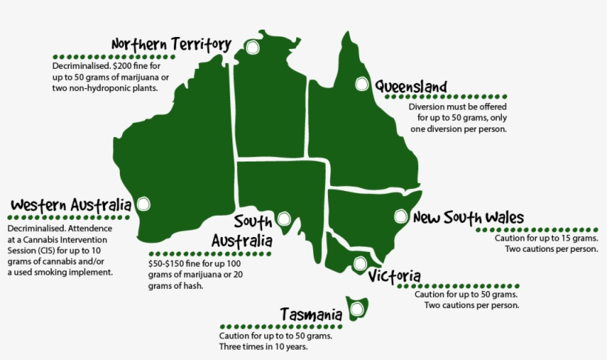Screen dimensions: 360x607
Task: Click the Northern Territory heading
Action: (171, 45)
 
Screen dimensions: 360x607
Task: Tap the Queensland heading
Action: (409, 86)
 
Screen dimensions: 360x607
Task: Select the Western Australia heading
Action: (71, 204)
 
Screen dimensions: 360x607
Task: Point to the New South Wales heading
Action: (468, 218)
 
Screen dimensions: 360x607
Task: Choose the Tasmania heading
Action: (311, 314)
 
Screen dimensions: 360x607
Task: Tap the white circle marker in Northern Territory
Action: (253, 48)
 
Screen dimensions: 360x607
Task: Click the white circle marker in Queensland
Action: (362, 84)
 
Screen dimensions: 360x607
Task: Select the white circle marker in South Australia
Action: (284, 219)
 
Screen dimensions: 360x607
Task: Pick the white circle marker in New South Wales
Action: (400, 217)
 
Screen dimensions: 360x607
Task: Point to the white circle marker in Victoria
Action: (360, 263)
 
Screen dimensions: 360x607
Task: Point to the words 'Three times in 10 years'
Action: (263, 347)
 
